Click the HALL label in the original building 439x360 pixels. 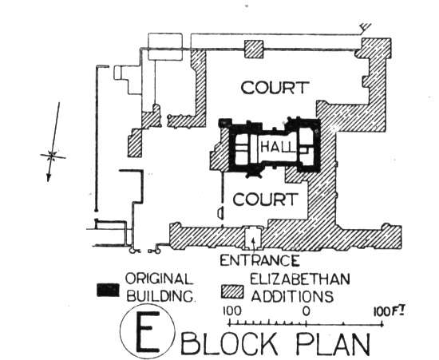278,146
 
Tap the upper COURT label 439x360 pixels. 275,87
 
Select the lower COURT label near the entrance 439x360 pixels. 264,200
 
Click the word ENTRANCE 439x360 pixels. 259,260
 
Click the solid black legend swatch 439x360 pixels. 108,290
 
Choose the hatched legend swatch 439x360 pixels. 232,291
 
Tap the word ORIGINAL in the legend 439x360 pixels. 159,279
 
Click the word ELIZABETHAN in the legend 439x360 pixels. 299,279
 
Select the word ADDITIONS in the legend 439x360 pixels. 293,296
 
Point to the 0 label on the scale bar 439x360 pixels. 307,311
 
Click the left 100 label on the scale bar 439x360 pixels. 231,311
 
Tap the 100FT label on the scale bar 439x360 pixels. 390,311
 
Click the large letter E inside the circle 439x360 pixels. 148,332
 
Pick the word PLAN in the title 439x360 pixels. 333,343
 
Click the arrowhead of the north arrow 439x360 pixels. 49,177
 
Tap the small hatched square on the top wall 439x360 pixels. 254,49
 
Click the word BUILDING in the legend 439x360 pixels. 160,296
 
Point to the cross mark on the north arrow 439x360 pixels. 52,156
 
